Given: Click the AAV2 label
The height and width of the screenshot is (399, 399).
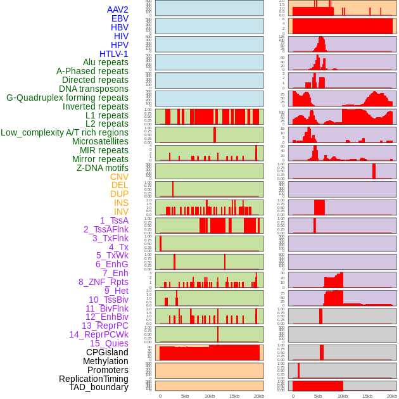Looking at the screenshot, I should [117, 9].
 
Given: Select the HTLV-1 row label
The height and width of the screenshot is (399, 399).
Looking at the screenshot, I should [113, 54].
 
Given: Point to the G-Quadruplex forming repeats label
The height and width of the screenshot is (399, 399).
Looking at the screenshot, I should [67, 98].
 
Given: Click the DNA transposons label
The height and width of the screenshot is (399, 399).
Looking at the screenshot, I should [94, 89].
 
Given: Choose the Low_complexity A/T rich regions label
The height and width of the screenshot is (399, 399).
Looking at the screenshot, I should [65, 132].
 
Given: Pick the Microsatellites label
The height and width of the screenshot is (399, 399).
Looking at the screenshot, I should [100, 141].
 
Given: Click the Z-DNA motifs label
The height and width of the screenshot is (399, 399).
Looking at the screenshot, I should [103, 168].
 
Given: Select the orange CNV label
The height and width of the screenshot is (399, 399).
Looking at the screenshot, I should [119, 177].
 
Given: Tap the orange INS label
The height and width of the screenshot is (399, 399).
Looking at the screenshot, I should [120, 203].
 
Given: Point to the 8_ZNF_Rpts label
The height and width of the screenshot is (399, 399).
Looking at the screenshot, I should [103, 282].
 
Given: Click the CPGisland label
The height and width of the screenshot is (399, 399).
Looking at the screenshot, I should [107, 352].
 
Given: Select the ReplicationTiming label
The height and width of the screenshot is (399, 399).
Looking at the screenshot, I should [94, 379].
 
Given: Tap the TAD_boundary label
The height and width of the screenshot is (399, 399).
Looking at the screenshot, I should [99, 387].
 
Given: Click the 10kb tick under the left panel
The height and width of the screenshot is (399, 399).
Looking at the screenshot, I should [210, 396].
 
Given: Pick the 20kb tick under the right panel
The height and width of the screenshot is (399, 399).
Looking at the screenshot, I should [392, 396].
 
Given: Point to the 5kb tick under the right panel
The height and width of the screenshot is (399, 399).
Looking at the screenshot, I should [318, 396].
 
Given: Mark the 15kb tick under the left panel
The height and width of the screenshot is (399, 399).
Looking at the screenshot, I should [234, 396].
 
